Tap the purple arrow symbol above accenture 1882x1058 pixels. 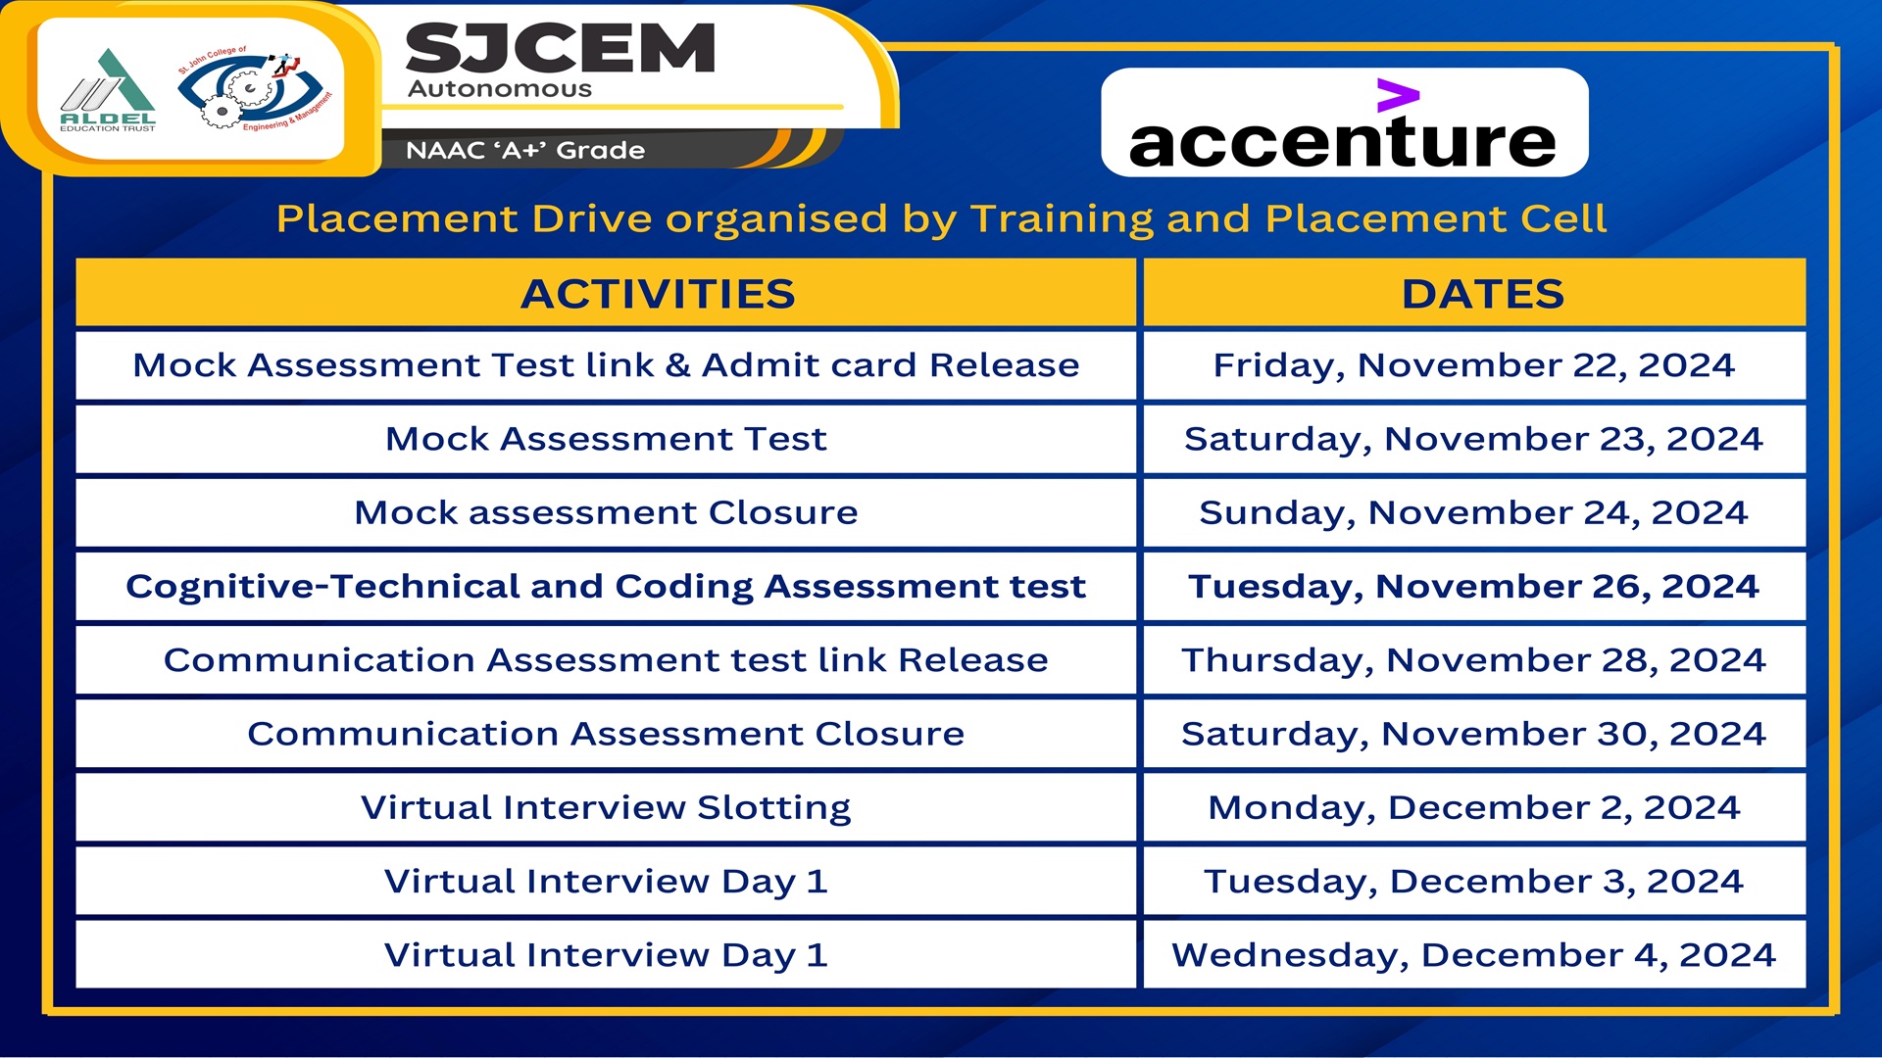click(1398, 95)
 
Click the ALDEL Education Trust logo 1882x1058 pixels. click(108, 91)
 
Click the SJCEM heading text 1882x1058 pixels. click(561, 49)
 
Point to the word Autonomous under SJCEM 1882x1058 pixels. click(500, 89)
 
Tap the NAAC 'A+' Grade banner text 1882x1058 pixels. click(525, 150)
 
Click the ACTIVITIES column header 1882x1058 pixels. click(658, 294)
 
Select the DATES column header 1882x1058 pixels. click(1483, 294)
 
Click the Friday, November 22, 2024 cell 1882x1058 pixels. click(1474, 365)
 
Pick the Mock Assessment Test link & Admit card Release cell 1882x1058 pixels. click(606, 365)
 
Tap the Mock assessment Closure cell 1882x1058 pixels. click(606, 512)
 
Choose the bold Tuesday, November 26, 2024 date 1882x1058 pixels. click(1474, 587)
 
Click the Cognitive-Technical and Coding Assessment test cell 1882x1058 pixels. click(606, 587)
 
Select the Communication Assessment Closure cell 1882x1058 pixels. click(606, 734)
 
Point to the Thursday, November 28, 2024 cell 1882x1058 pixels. click(1474, 660)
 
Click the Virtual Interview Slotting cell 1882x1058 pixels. click(606, 807)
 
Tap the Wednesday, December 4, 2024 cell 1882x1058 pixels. click(1474, 955)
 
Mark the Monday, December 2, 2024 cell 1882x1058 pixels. click(1474, 807)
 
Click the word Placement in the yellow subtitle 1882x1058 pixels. click(396, 218)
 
